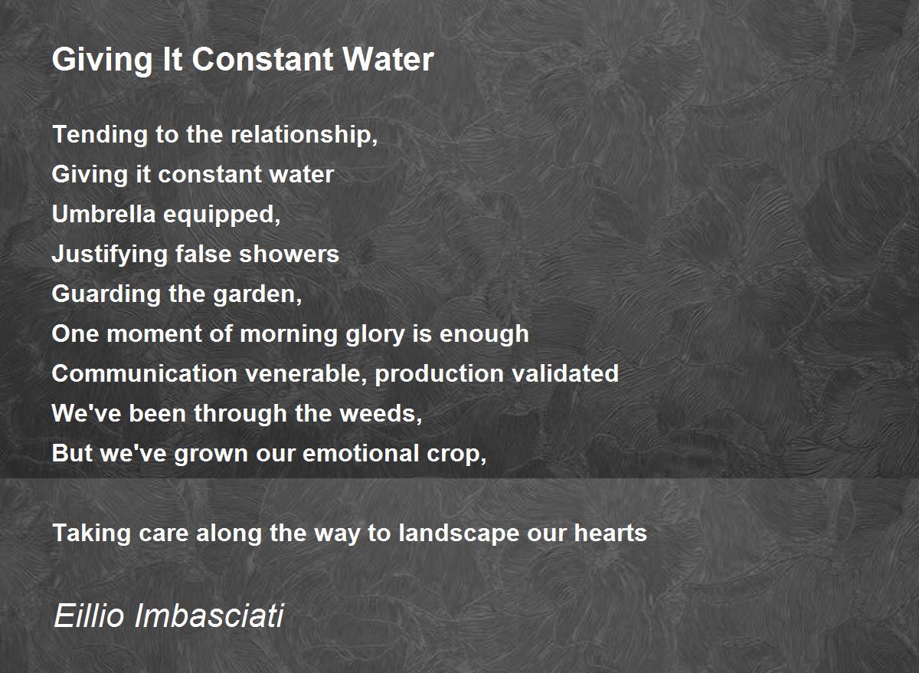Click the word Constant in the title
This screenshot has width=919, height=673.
click(x=263, y=59)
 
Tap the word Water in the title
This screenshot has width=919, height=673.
click(x=388, y=59)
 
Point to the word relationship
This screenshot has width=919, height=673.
click(x=304, y=136)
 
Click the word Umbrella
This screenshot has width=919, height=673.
click(x=104, y=215)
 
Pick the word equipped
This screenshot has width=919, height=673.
click(x=222, y=215)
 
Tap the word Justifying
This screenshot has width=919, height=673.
click(x=110, y=255)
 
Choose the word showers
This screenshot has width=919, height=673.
click(x=289, y=254)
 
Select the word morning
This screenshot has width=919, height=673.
click(x=289, y=335)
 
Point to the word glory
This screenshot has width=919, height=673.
click(x=375, y=335)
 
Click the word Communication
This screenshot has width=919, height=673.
click(x=145, y=373)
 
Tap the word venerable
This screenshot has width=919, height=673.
click(x=306, y=374)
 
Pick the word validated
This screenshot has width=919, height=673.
click(x=561, y=373)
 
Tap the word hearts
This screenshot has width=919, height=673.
click(x=610, y=533)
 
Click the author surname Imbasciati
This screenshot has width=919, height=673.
click(x=209, y=616)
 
